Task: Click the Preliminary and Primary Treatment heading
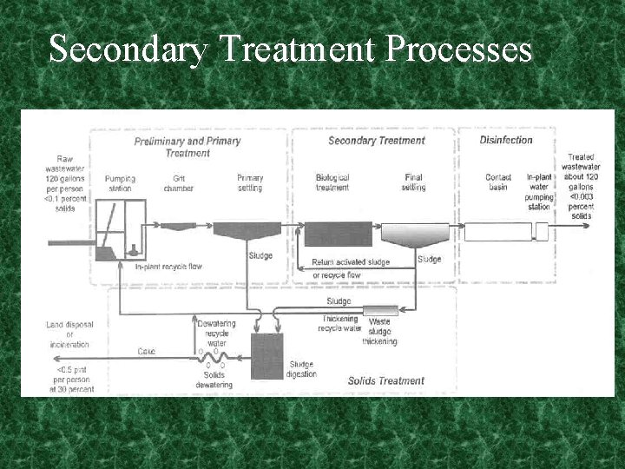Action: [187, 146]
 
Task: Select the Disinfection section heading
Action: [506, 140]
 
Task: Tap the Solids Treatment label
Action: [385, 380]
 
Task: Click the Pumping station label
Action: [120, 183]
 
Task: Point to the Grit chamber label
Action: [178, 183]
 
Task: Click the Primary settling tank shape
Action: [247, 230]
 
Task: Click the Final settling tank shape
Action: [412, 234]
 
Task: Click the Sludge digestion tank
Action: [266, 355]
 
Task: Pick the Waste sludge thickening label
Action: [379, 332]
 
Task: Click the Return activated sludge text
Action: [351, 261]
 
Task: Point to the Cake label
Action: [146, 352]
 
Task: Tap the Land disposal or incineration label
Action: [67, 334]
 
